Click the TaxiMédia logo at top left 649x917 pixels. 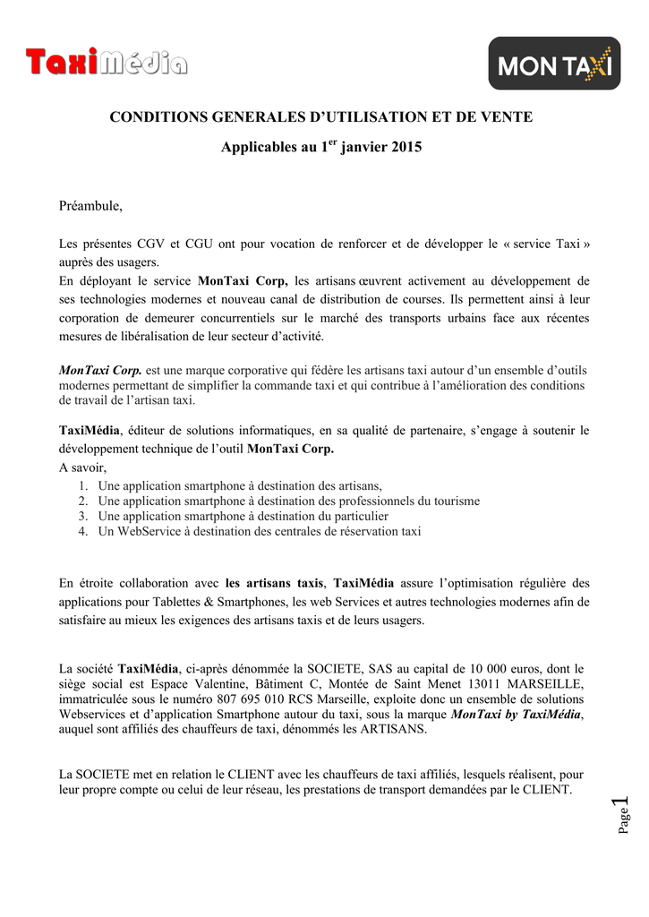point(107,63)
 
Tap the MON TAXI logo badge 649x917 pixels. point(554,64)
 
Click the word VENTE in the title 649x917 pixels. point(507,117)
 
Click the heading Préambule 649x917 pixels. point(90,207)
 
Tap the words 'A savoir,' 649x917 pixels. point(82,467)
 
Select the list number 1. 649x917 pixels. point(82,485)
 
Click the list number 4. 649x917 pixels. point(82,531)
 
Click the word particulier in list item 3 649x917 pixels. point(354,516)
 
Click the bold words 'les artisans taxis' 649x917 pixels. point(274,582)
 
